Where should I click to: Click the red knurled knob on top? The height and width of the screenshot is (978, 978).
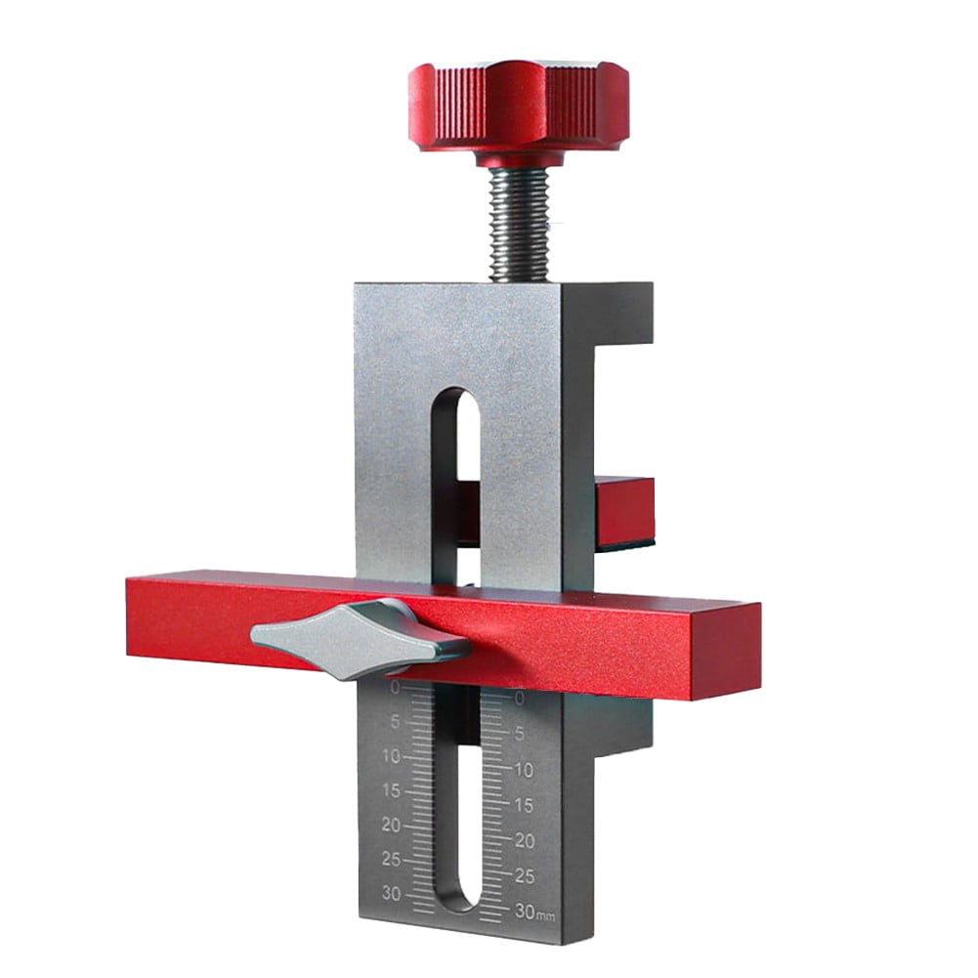coord(518,106)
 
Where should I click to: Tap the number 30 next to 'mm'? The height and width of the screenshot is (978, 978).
coord(525,912)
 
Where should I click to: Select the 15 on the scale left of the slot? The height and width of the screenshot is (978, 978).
coord(391,789)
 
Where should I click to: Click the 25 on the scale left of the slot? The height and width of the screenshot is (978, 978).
coord(391,859)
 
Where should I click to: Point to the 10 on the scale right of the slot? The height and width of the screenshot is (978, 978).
coord(524,770)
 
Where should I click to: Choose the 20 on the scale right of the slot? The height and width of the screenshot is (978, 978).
coord(524,840)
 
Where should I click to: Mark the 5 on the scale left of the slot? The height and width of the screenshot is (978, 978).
coord(395,723)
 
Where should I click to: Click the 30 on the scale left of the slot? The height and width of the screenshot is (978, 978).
coord(391,894)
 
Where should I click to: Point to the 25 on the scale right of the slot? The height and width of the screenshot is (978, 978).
coord(524,875)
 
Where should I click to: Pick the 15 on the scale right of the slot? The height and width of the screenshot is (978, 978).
coord(524,805)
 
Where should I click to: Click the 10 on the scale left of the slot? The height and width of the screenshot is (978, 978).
coord(391,756)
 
